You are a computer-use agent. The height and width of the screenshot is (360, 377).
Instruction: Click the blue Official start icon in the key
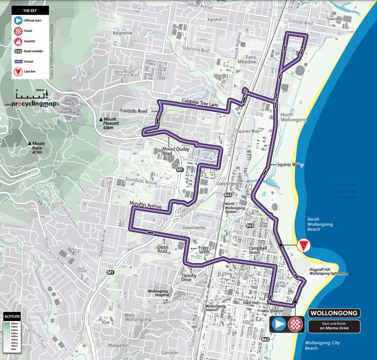(18, 20)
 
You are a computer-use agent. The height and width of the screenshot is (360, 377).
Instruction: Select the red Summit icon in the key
(18, 41)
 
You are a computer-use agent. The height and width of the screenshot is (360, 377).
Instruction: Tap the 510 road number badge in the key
(18, 51)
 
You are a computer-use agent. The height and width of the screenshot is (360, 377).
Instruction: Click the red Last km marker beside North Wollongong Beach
(304, 246)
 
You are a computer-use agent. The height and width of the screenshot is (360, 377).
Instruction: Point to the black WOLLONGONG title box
(334, 313)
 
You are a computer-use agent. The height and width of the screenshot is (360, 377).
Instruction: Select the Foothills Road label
(134, 111)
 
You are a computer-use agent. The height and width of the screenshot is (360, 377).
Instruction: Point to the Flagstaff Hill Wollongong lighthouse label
(328, 271)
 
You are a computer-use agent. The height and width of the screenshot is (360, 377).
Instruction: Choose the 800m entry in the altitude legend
(15, 323)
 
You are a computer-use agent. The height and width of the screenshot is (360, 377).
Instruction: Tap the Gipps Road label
(163, 249)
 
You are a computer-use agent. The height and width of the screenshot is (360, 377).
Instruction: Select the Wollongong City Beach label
(322, 345)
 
